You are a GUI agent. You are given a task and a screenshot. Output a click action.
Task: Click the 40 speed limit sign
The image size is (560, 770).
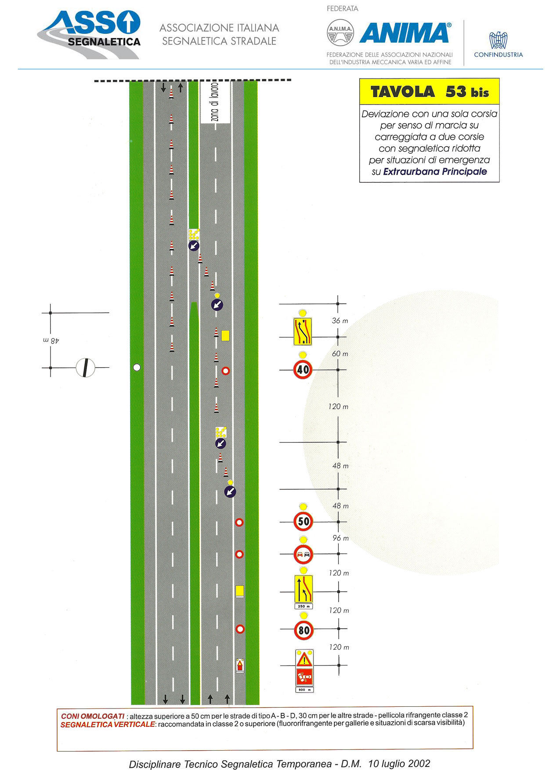pyautogui.click(x=303, y=370)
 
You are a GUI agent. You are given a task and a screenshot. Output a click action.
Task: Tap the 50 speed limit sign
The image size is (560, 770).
pyautogui.click(x=303, y=522)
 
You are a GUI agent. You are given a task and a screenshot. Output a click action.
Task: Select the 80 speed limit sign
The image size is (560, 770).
pyautogui.click(x=304, y=630)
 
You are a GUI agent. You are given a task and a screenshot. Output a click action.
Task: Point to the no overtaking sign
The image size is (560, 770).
pyautogui.click(x=303, y=554)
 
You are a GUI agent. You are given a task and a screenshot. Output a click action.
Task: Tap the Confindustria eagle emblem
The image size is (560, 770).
pyautogui.click(x=499, y=40)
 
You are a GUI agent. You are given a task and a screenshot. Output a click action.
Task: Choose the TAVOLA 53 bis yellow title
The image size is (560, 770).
pyautogui.click(x=430, y=92)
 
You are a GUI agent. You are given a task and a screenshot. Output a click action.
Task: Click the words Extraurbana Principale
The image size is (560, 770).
pyautogui.click(x=435, y=172)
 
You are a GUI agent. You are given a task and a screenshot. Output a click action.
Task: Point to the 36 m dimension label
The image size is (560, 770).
pyautogui.click(x=340, y=321)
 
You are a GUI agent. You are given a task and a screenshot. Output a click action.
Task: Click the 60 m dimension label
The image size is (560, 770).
pyautogui.click(x=340, y=354)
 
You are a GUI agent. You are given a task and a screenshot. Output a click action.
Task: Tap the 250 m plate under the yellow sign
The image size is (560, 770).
pyautogui.click(x=303, y=606)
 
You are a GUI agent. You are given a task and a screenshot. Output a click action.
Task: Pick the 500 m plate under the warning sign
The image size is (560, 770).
pyautogui.click(x=304, y=690)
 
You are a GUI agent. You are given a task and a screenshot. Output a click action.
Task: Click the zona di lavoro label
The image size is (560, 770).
pyautogui.click(x=215, y=102)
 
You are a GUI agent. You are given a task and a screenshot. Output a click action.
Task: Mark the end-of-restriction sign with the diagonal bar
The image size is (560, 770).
pyautogui.click(x=85, y=368)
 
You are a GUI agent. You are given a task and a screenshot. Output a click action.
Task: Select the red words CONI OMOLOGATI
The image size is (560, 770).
pyautogui.click(x=93, y=716)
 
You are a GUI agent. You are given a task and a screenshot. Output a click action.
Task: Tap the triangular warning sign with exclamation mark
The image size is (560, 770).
pyautogui.click(x=304, y=659)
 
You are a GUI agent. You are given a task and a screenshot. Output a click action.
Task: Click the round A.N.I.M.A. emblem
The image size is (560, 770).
pyautogui.click(x=340, y=32)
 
